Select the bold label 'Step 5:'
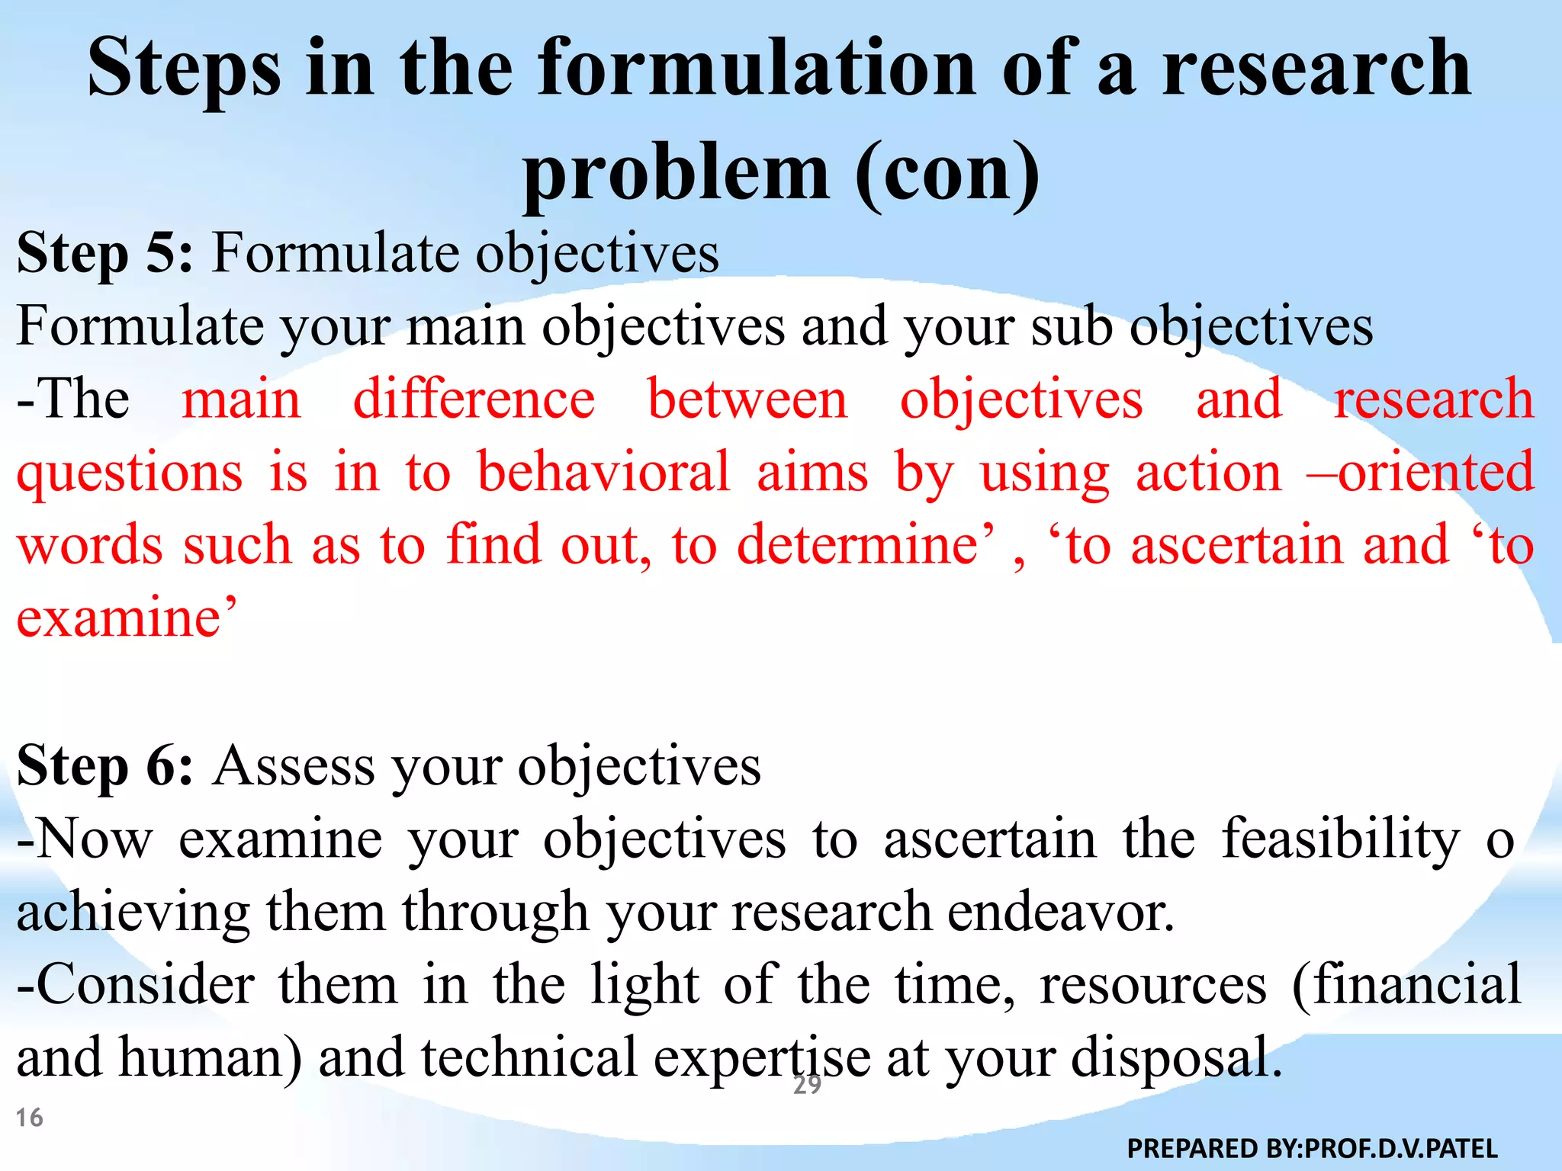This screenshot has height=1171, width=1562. [x=105, y=253]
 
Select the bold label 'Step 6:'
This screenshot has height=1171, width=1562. [x=105, y=765]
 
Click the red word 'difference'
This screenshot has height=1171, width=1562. [x=474, y=399]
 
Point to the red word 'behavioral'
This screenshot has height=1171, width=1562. [x=603, y=472]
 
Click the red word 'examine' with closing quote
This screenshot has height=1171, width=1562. [x=126, y=618]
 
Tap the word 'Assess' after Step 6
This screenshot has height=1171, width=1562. [x=294, y=765]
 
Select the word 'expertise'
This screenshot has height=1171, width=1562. [x=762, y=1058]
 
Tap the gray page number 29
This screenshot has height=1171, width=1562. [x=807, y=1085]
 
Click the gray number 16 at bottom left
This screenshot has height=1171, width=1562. [x=30, y=1118]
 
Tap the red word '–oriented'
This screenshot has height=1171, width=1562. [x=1419, y=472]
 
